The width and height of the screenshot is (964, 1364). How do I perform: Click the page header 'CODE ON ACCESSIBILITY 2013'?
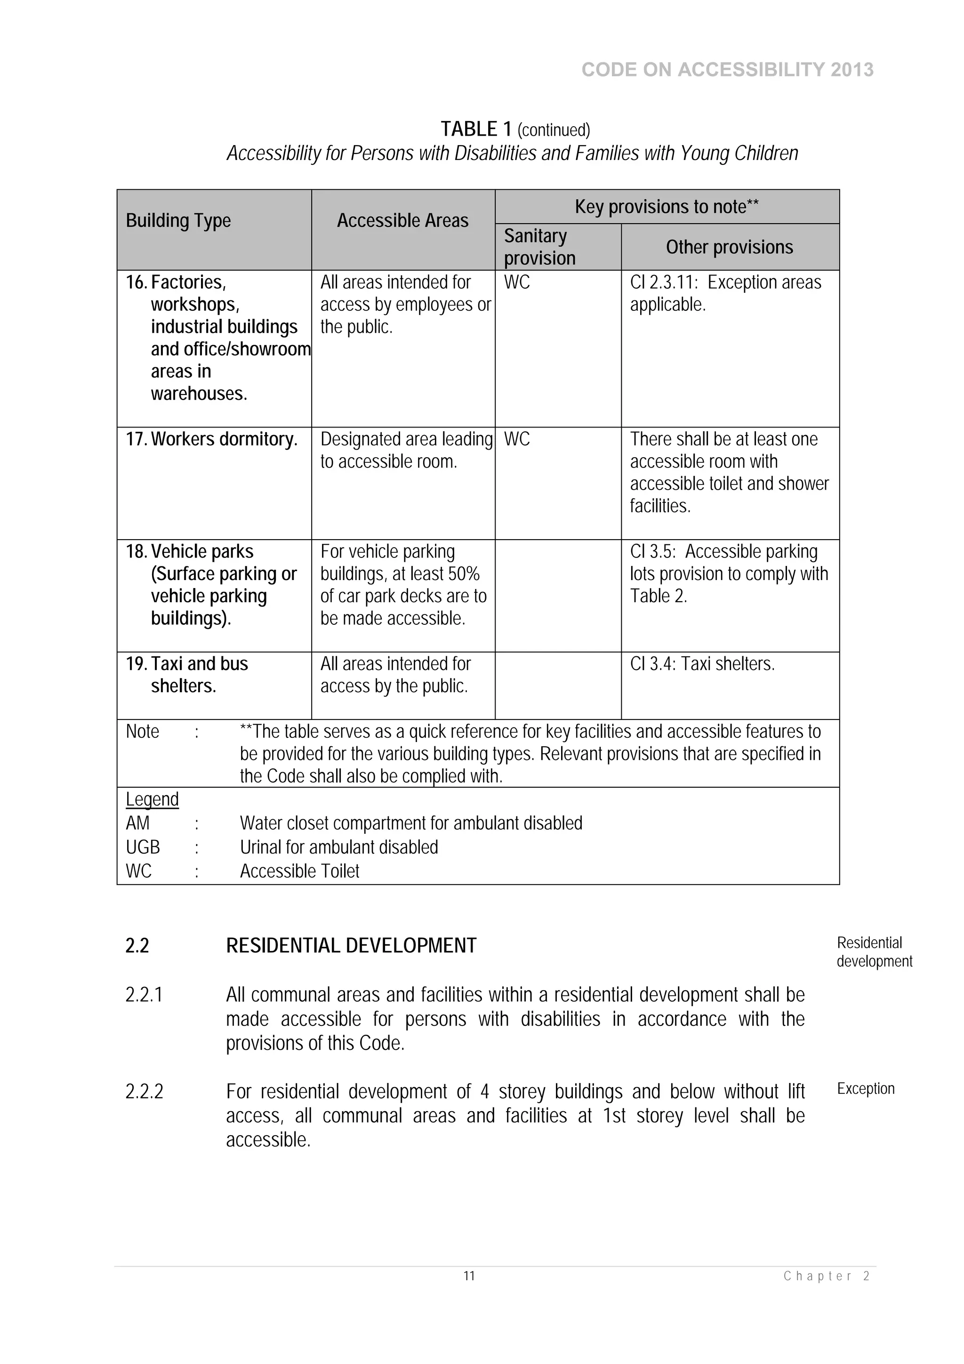[727, 70]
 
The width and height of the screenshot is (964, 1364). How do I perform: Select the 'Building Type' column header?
[178, 220]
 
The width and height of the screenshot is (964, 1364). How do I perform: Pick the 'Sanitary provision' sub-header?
[539, 247]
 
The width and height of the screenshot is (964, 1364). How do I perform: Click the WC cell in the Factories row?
[517, 282]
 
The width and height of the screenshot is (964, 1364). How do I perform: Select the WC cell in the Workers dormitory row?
[517, 439]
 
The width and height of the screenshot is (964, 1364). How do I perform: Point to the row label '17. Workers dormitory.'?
[211, 439]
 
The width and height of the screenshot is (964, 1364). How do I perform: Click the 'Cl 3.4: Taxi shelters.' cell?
[702, 663]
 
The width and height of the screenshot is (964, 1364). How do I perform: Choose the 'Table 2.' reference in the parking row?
[658, 596]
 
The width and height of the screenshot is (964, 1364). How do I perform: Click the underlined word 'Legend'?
[152, 799]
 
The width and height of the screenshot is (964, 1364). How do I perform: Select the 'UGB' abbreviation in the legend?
[143, 847]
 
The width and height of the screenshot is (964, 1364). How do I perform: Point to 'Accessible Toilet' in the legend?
[299, 871]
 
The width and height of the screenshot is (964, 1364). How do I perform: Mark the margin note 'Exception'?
[866, 1089]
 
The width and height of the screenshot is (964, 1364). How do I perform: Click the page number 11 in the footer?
[469, 1276]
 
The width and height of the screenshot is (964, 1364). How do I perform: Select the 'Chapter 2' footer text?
[826, 1276]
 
